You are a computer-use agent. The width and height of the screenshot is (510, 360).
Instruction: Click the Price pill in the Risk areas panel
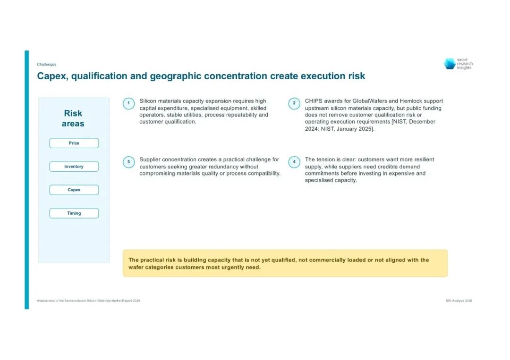74,143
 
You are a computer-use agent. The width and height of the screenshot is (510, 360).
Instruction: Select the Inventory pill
74,167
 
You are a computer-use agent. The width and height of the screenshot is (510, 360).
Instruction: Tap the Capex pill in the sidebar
74,190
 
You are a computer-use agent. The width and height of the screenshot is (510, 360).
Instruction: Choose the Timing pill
74,213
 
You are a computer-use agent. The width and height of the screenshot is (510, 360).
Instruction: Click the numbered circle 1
128,103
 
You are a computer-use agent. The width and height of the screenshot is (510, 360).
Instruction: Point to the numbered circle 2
294,103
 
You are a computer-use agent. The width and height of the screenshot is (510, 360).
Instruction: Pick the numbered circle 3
128,162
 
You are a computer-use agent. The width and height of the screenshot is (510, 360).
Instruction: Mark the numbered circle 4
294,162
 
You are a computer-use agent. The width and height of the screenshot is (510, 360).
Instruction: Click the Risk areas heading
73,118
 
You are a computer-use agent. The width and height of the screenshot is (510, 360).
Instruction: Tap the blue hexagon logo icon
450,64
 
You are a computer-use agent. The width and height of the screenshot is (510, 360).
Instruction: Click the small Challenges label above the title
46,64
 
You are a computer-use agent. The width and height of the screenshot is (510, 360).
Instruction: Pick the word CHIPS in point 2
314,101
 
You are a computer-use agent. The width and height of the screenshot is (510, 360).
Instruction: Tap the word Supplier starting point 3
150,160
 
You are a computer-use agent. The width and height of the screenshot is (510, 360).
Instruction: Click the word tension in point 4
325,159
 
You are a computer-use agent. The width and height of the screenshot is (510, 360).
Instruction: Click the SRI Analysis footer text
459,301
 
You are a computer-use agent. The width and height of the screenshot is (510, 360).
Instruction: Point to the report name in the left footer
88,301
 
